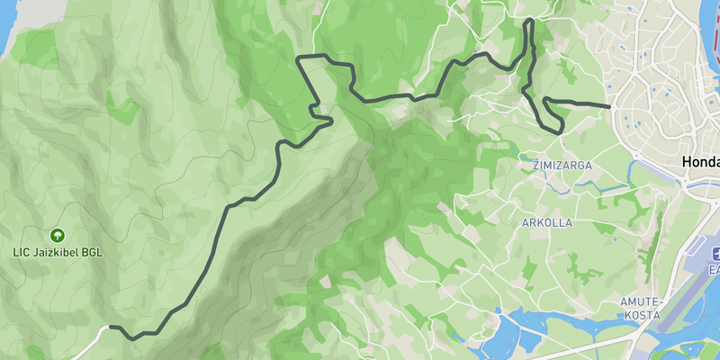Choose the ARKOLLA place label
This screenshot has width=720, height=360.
pos(547,221)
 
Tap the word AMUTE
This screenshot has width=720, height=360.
pos(642,301)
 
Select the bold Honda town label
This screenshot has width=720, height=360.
pos(701,161)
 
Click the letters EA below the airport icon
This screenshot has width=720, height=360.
pos(714,269)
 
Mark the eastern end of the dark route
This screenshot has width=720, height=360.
pos(610,107)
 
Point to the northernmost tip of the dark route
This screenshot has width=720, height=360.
pos(529,20)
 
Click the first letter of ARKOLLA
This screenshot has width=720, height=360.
pos(526,221)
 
